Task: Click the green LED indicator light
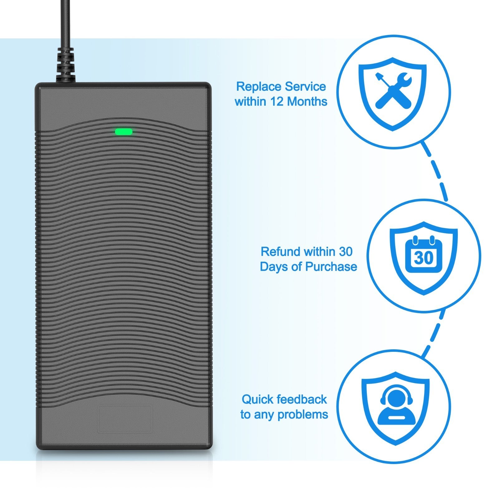click(124, 132)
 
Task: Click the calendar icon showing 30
click(423, 255)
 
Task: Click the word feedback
click(302, 400)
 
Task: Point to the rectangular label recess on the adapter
click(125, 419)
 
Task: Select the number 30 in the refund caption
click(346, 251)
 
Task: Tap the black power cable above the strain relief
click(65, 22)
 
